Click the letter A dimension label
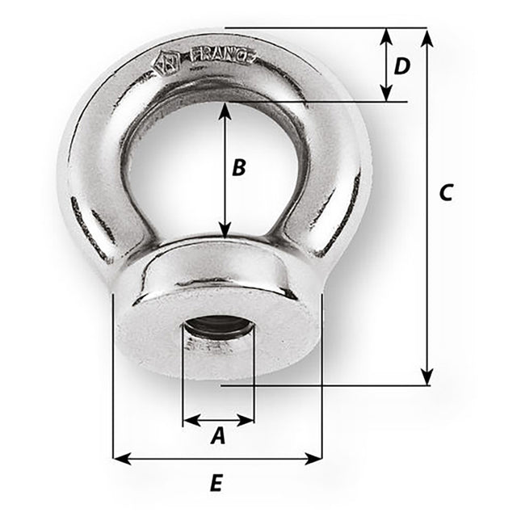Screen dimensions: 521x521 [x=218, y=437]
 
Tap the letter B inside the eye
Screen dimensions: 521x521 [x=238, y=168]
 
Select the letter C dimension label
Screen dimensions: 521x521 [x=446, y=192]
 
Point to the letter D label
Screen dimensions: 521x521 [x=401, y=66]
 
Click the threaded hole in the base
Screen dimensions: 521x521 [x=218, y=330]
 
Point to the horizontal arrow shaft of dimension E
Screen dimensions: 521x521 [x=217, y=459]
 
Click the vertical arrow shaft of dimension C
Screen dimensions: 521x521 [x=427, y=242]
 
